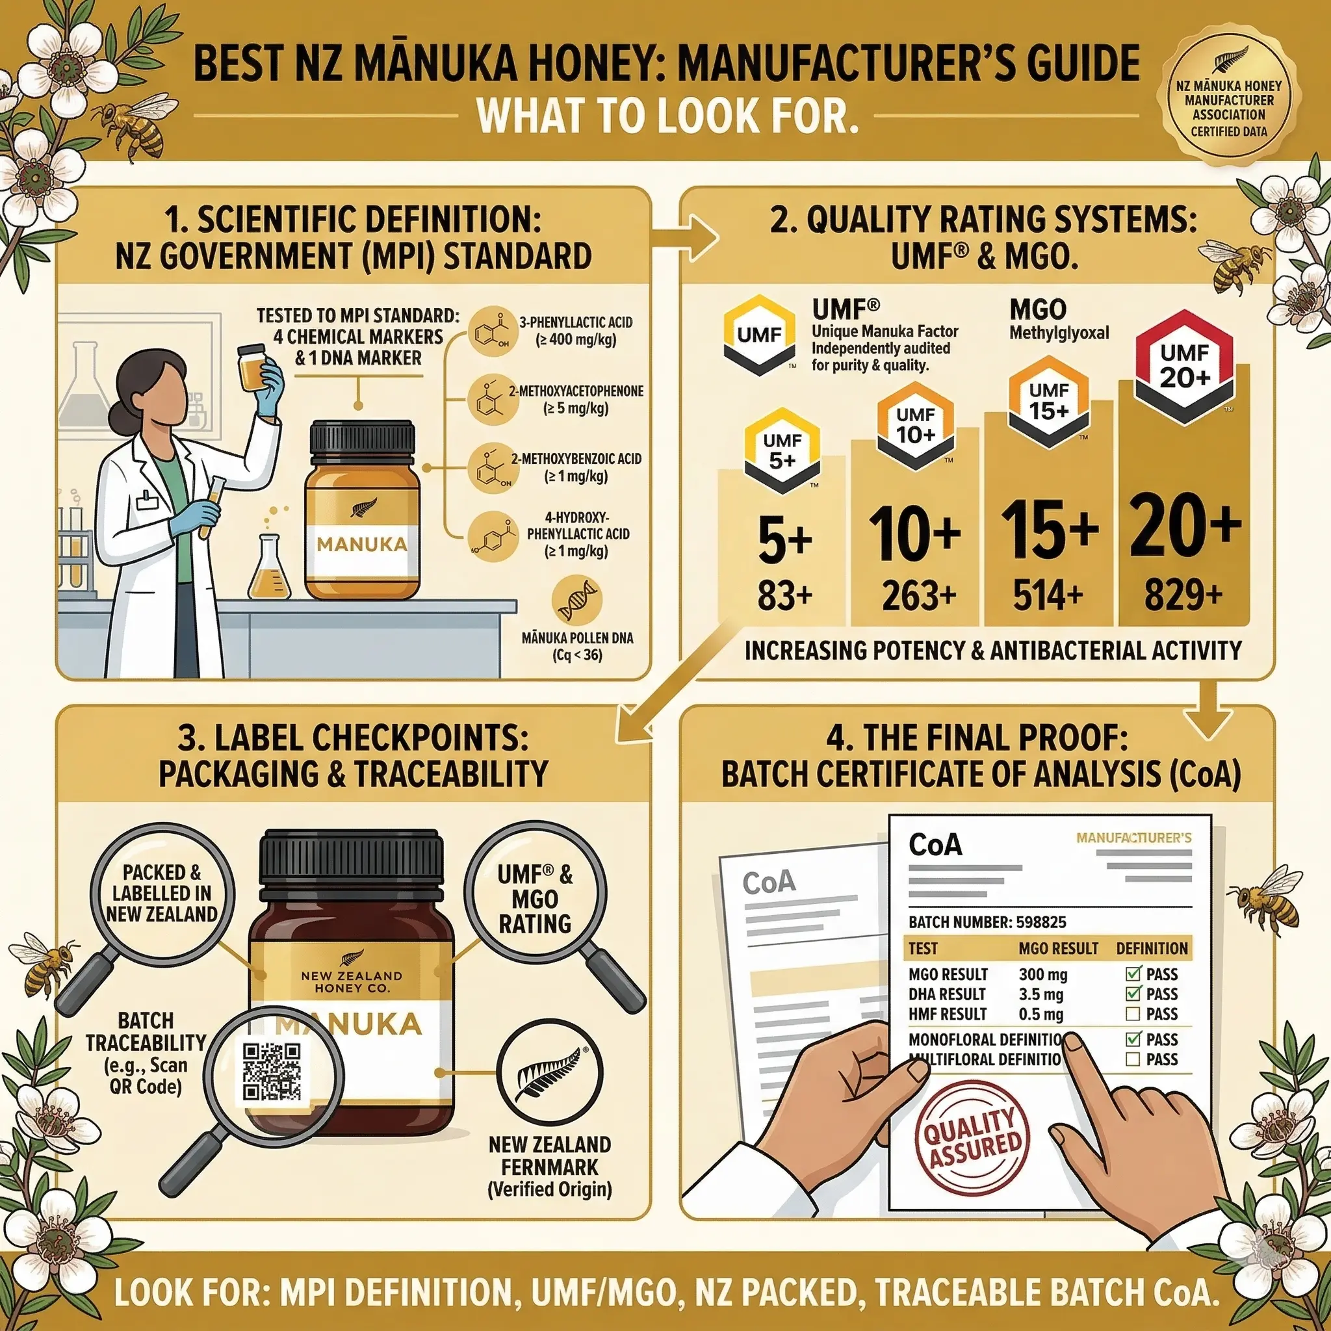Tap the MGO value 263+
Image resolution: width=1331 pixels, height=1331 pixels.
point(919,596)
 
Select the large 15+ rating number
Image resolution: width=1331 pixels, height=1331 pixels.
point(1049,529)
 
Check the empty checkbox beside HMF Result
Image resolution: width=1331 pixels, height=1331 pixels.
point(1133,1014)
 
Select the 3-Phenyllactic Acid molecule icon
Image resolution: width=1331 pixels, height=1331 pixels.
point(492,331)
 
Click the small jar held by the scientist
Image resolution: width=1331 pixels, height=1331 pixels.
point(253,368)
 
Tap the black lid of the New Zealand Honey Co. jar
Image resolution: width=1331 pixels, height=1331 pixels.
point(351,859)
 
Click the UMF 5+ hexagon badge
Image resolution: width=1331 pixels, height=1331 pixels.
point(782,450)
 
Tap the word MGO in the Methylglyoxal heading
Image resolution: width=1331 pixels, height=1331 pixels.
point(1037,309)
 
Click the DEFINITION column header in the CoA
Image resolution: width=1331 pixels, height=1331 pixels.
point(1151,949)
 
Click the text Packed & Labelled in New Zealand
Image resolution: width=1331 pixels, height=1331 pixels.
point(162,893)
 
